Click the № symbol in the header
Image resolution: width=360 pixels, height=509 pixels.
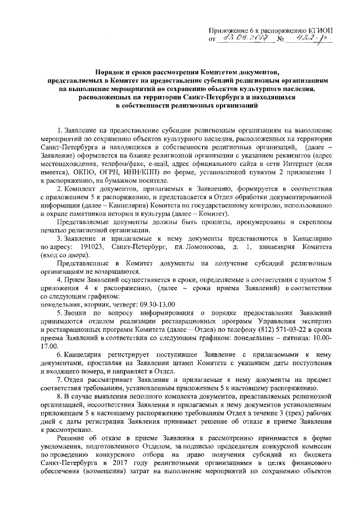coord(281,40)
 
